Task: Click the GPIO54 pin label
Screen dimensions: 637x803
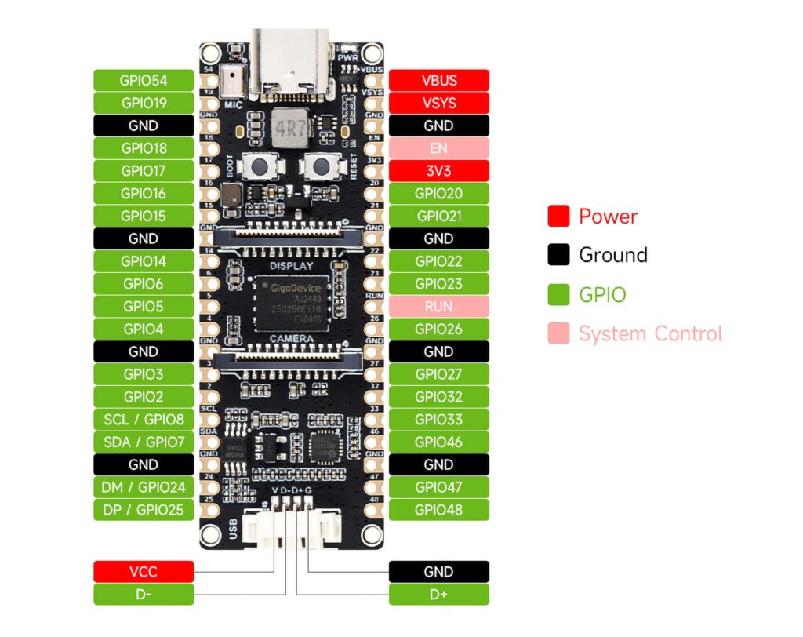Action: (144, 80)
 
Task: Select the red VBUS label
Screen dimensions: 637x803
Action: (439, 80)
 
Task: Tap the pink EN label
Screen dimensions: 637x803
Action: (439, 148)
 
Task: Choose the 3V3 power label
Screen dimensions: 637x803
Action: (439, 171)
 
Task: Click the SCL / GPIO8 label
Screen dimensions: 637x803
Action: (144, 420)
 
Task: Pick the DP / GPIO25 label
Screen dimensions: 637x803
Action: (144, 510)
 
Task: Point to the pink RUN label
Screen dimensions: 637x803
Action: (439, 307)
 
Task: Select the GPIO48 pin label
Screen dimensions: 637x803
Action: (439, 510)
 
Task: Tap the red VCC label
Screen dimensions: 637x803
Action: (144, 572)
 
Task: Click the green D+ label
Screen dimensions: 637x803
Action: (439, 595)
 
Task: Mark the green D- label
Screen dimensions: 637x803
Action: (144, 595)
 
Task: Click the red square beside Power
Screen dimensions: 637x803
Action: (558, 217)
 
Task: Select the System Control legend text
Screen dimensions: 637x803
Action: (650, 334)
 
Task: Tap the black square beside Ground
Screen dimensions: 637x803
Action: (558, 255)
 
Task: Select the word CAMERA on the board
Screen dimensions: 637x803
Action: (291, 339)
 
